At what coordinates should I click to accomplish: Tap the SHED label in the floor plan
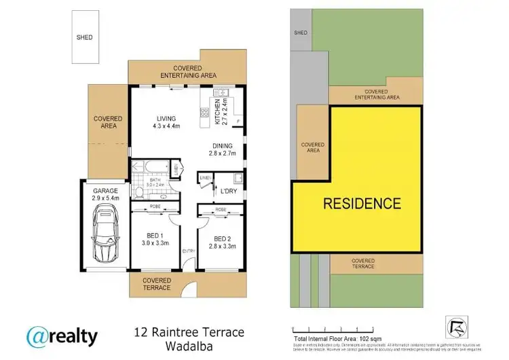(84, 37)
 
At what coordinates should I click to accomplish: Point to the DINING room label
(222, 145)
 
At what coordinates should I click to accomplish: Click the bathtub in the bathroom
(148, 166)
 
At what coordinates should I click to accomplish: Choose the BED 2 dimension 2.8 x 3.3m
(222, 247)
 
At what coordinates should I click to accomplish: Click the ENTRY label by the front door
(187, 251)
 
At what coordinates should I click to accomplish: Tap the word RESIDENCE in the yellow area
(361, 202)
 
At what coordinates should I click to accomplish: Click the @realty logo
(62, 336)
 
